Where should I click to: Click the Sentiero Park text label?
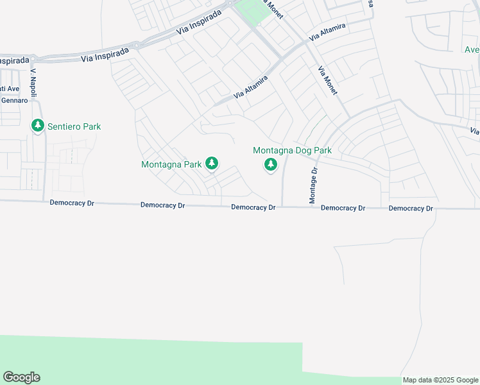[74, 126]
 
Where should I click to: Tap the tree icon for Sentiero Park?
[38, 126]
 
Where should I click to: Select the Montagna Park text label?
[171, 164]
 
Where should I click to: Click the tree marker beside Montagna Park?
[212, 165]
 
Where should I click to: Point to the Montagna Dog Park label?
[292, 151]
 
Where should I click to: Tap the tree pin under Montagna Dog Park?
[271, 166]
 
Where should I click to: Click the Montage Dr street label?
[314, 186]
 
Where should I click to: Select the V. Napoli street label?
[35, 76]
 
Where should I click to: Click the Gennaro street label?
[14, 100]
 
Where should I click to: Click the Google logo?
[21, 377]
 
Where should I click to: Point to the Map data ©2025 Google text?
[440, 380]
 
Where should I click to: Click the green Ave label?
[472, 49]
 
